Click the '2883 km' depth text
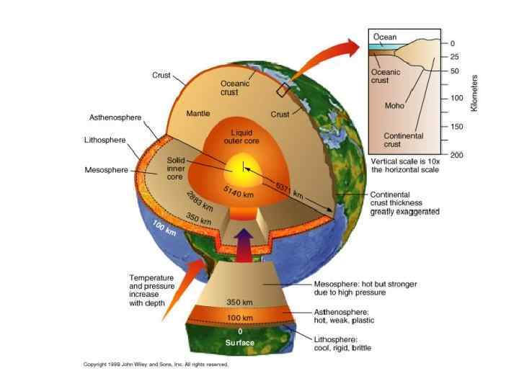[198, 200]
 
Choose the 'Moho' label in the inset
[395, 105]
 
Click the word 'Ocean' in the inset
[384, 36]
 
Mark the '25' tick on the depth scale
[454, 56]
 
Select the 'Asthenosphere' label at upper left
[115, 117]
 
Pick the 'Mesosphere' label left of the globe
[106, 170]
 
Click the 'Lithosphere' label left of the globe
[105, 140]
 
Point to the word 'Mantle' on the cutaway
[198, 113]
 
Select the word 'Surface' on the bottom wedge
[240, 342]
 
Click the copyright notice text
[156, 365]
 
